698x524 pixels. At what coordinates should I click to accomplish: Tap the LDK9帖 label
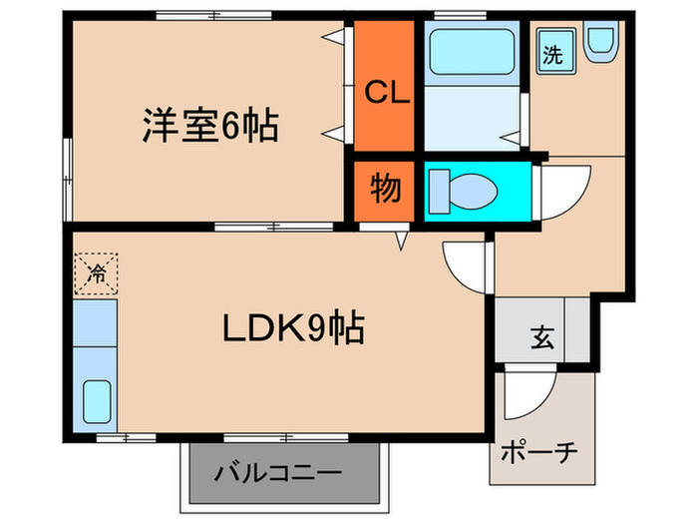(x=291, y=326)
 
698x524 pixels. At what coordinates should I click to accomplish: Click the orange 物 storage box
(x=385, y=190)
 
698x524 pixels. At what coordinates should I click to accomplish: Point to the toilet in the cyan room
(x=465, y=190)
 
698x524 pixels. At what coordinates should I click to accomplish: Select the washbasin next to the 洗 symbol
(x=601, y=44)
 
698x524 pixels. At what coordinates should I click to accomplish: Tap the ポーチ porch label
(x=540, y=451)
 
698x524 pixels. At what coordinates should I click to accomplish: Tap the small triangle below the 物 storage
(x=402, y=241)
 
